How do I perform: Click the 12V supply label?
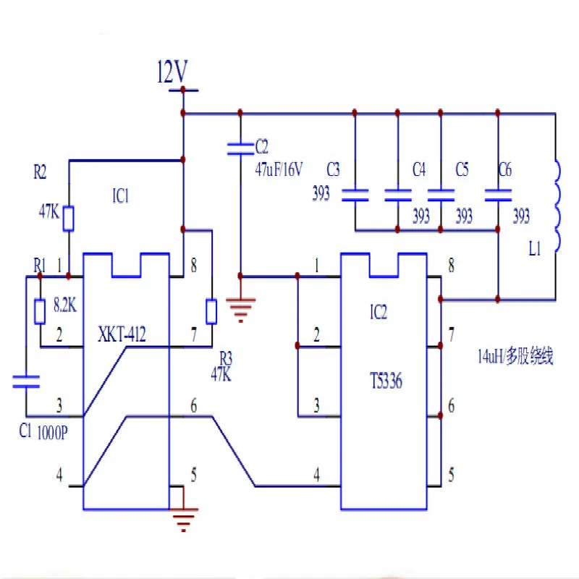tap(172, 72)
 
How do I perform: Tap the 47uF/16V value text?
tap(279, 169)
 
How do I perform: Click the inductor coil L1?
tap(557, 206)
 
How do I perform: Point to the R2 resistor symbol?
tap(68, 218)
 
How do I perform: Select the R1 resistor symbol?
tap(40, 310)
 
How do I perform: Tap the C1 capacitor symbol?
tap(26, 381)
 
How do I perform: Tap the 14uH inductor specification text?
tap(515, 356)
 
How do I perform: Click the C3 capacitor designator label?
tap(332, 170)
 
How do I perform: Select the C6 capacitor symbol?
tap(497, 194)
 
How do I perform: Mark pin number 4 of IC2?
tap(316, 476)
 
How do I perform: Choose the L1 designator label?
tap(534, 250)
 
